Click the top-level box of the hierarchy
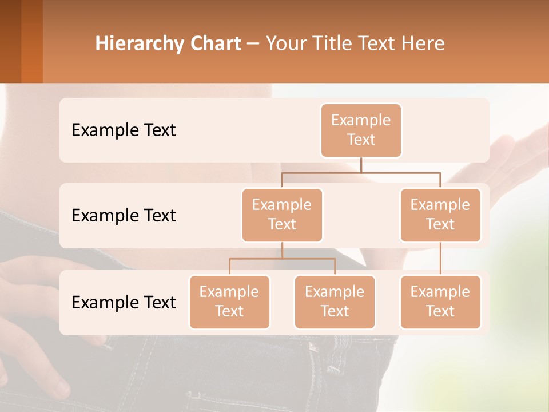click(x=361, y=130)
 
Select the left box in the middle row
click(x=282, y=215)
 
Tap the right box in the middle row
click(x=440, y=215)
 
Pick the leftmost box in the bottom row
click(x=229, y=302)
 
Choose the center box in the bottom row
click(x=335, y=302)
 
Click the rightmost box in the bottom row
click(x=440, y=302)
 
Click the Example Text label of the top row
click(x=124, y=130)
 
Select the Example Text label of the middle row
click(x=124, y=216)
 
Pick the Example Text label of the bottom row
click(x=124, y=303)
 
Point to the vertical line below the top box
click(x=361, y=165)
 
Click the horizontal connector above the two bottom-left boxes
click(x=282, y=259)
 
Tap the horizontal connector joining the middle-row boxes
click(x=361, y=172)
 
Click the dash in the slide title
click(x=253, y=44)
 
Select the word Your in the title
click(x=285, y=44)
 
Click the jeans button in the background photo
click(x=312, y=347)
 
